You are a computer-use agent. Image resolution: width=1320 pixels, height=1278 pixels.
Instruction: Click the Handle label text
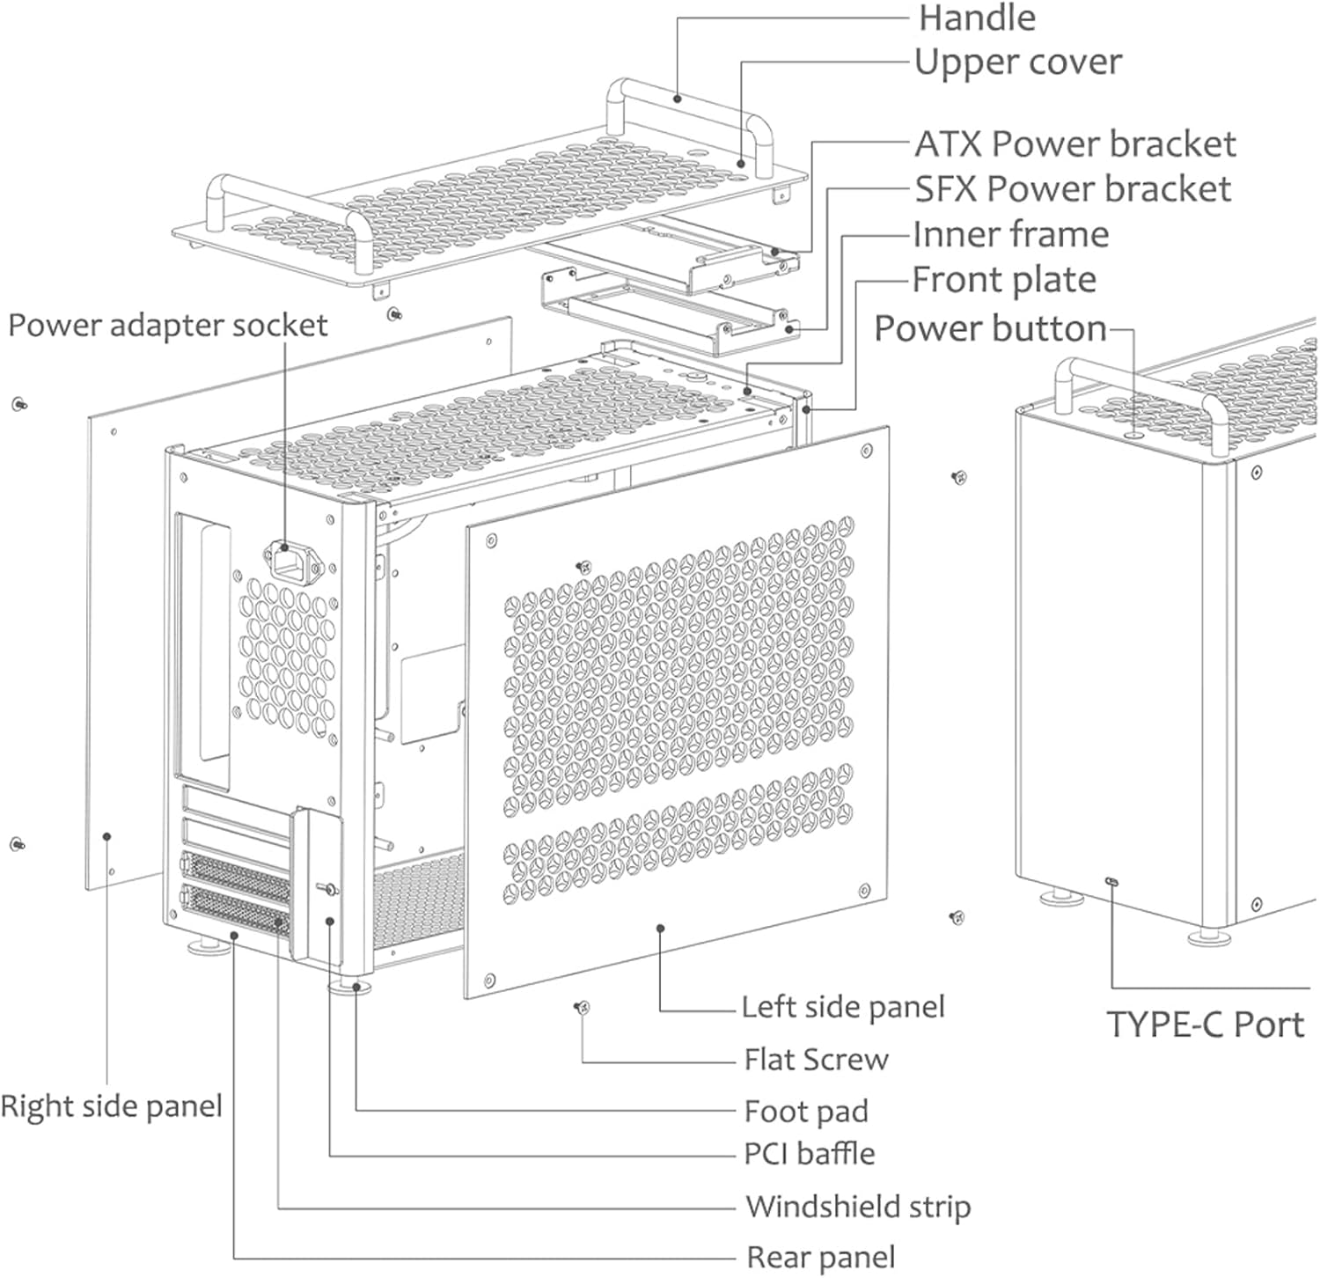coord(977,18)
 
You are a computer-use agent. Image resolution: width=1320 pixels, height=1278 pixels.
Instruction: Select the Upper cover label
coord(1017,62)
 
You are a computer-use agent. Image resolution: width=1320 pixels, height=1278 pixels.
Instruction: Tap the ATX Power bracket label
coord(1074,144)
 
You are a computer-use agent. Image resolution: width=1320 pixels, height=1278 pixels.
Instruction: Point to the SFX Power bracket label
coord(1072,189)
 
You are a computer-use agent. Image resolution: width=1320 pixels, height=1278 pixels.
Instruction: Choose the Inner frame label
coord(1010,235)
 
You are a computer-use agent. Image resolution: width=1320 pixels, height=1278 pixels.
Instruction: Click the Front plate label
coord(1003,281)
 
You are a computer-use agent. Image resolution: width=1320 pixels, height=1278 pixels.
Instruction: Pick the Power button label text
coord(990,328)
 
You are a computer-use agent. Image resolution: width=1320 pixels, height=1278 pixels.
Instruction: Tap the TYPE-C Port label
coord(1204,1025)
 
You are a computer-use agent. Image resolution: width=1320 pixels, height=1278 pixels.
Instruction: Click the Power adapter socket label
coord(167,326)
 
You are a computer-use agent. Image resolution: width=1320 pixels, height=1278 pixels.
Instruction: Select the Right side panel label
coord(111,1105)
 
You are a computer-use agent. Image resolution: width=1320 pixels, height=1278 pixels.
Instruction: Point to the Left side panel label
coord(842,1007)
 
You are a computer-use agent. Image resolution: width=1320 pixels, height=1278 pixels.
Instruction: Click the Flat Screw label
coord(816,1059)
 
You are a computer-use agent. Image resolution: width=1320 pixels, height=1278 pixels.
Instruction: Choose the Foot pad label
coord(806,1111)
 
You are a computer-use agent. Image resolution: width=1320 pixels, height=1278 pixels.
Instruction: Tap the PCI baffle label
coord(810,1154)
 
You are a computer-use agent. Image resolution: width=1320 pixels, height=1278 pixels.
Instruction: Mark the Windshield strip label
coord(858,1206)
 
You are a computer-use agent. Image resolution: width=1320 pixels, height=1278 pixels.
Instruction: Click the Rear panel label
coord(821,1257)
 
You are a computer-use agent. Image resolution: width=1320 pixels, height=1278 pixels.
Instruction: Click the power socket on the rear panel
coord(285,559)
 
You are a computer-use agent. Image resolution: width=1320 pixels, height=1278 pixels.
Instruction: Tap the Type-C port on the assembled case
coord(1112,881)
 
